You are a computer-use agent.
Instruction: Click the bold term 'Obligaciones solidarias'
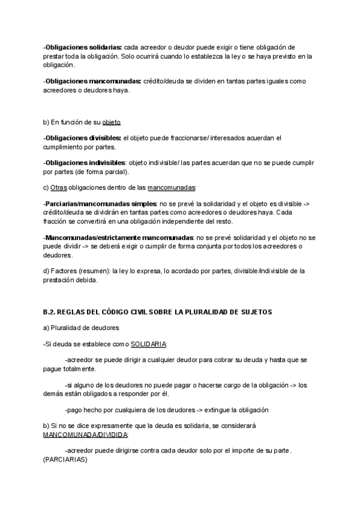point(83,47)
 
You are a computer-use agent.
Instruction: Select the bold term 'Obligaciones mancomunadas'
point(92,81)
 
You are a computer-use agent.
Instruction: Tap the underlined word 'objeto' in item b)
point(112,122)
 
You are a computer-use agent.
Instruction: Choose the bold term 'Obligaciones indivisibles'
point(85,162)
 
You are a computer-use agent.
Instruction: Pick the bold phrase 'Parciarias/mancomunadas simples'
point(100,203)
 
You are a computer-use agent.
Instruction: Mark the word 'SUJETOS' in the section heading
point(256,312)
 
